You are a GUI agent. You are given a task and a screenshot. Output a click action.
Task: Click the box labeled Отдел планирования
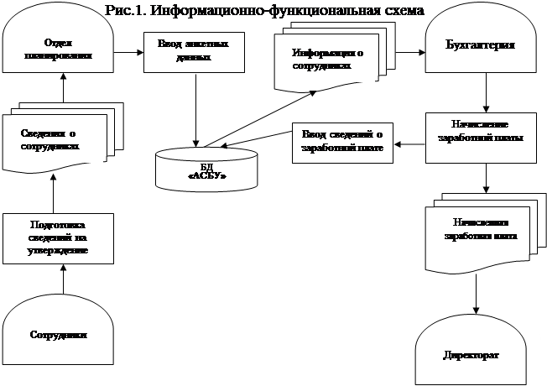pos(58,50)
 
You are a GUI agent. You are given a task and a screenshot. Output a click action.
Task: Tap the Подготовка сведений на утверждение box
pos(58,237)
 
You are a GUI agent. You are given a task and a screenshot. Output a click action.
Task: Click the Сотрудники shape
pos(58,331)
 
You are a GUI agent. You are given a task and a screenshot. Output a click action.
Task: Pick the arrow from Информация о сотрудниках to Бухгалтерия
pos(409,53)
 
